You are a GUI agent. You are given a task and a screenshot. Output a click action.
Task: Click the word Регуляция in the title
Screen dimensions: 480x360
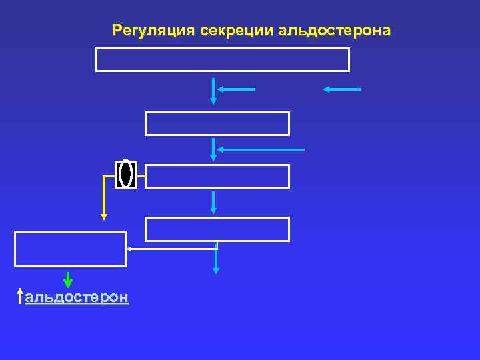154,31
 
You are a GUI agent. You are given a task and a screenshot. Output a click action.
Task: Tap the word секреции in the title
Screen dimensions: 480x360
238,31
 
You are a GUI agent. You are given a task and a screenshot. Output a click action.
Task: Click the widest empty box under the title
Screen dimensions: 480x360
223,59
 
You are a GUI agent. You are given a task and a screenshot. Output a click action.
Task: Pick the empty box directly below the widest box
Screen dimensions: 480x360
217,123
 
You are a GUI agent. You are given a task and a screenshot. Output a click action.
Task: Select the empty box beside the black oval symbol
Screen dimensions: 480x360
217,177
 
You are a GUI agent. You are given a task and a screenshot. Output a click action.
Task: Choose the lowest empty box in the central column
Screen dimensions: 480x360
217,229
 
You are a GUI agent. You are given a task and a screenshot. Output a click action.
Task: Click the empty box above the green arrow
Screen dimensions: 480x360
70,249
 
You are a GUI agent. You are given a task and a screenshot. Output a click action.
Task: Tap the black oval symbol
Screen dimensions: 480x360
125,174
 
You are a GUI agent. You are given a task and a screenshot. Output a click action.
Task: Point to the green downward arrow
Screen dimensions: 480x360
68,280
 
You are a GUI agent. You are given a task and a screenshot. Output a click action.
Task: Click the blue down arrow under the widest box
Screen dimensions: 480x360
213,91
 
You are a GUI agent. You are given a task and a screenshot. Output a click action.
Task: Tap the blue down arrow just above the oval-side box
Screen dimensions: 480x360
213,149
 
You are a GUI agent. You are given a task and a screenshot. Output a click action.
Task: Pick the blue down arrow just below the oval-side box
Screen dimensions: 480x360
213,202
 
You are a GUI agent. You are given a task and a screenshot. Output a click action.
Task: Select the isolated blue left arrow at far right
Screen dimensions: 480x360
342,89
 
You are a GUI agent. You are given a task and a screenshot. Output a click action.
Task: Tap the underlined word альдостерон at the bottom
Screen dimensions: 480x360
77,297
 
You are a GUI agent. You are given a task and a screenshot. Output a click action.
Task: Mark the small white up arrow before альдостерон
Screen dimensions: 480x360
21,297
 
